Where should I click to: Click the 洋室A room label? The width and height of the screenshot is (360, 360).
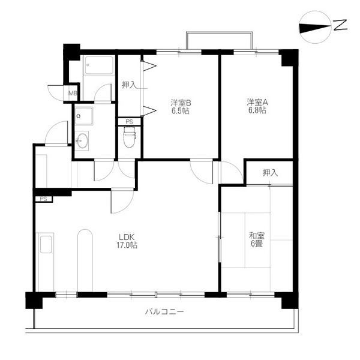tap(257, 102)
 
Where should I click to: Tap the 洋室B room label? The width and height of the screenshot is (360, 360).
tap(181, 103)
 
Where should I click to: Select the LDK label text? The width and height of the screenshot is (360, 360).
tap(126, 237)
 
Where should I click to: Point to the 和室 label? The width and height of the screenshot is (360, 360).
tap(257, 236)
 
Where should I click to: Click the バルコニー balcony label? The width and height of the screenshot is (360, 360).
tap(164, 312)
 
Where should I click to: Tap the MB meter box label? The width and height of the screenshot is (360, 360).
tap(73, 93)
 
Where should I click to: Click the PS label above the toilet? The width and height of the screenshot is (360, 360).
tap(129, 122)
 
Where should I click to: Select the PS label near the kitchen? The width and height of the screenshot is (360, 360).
tap(43, 199)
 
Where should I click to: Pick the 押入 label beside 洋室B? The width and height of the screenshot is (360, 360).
tap(129, 85)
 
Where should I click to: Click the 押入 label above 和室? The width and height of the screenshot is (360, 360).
tap(270, 173)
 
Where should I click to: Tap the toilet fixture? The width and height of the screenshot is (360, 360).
tap(129, 137)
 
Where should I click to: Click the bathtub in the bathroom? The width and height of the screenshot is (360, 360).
tap(99, 65)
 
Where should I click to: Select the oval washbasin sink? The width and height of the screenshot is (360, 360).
tap(82, 140)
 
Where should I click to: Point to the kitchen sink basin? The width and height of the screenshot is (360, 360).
tap(46, 245)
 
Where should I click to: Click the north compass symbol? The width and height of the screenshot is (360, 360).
tap(316, 27)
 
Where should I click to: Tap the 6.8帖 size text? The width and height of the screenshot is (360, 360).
tap(257, 110)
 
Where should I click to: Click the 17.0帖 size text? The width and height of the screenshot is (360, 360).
tap(127, 245)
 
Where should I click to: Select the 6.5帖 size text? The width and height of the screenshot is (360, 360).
tap(181, 111)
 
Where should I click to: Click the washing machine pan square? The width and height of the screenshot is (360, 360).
tap(84, 116)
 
